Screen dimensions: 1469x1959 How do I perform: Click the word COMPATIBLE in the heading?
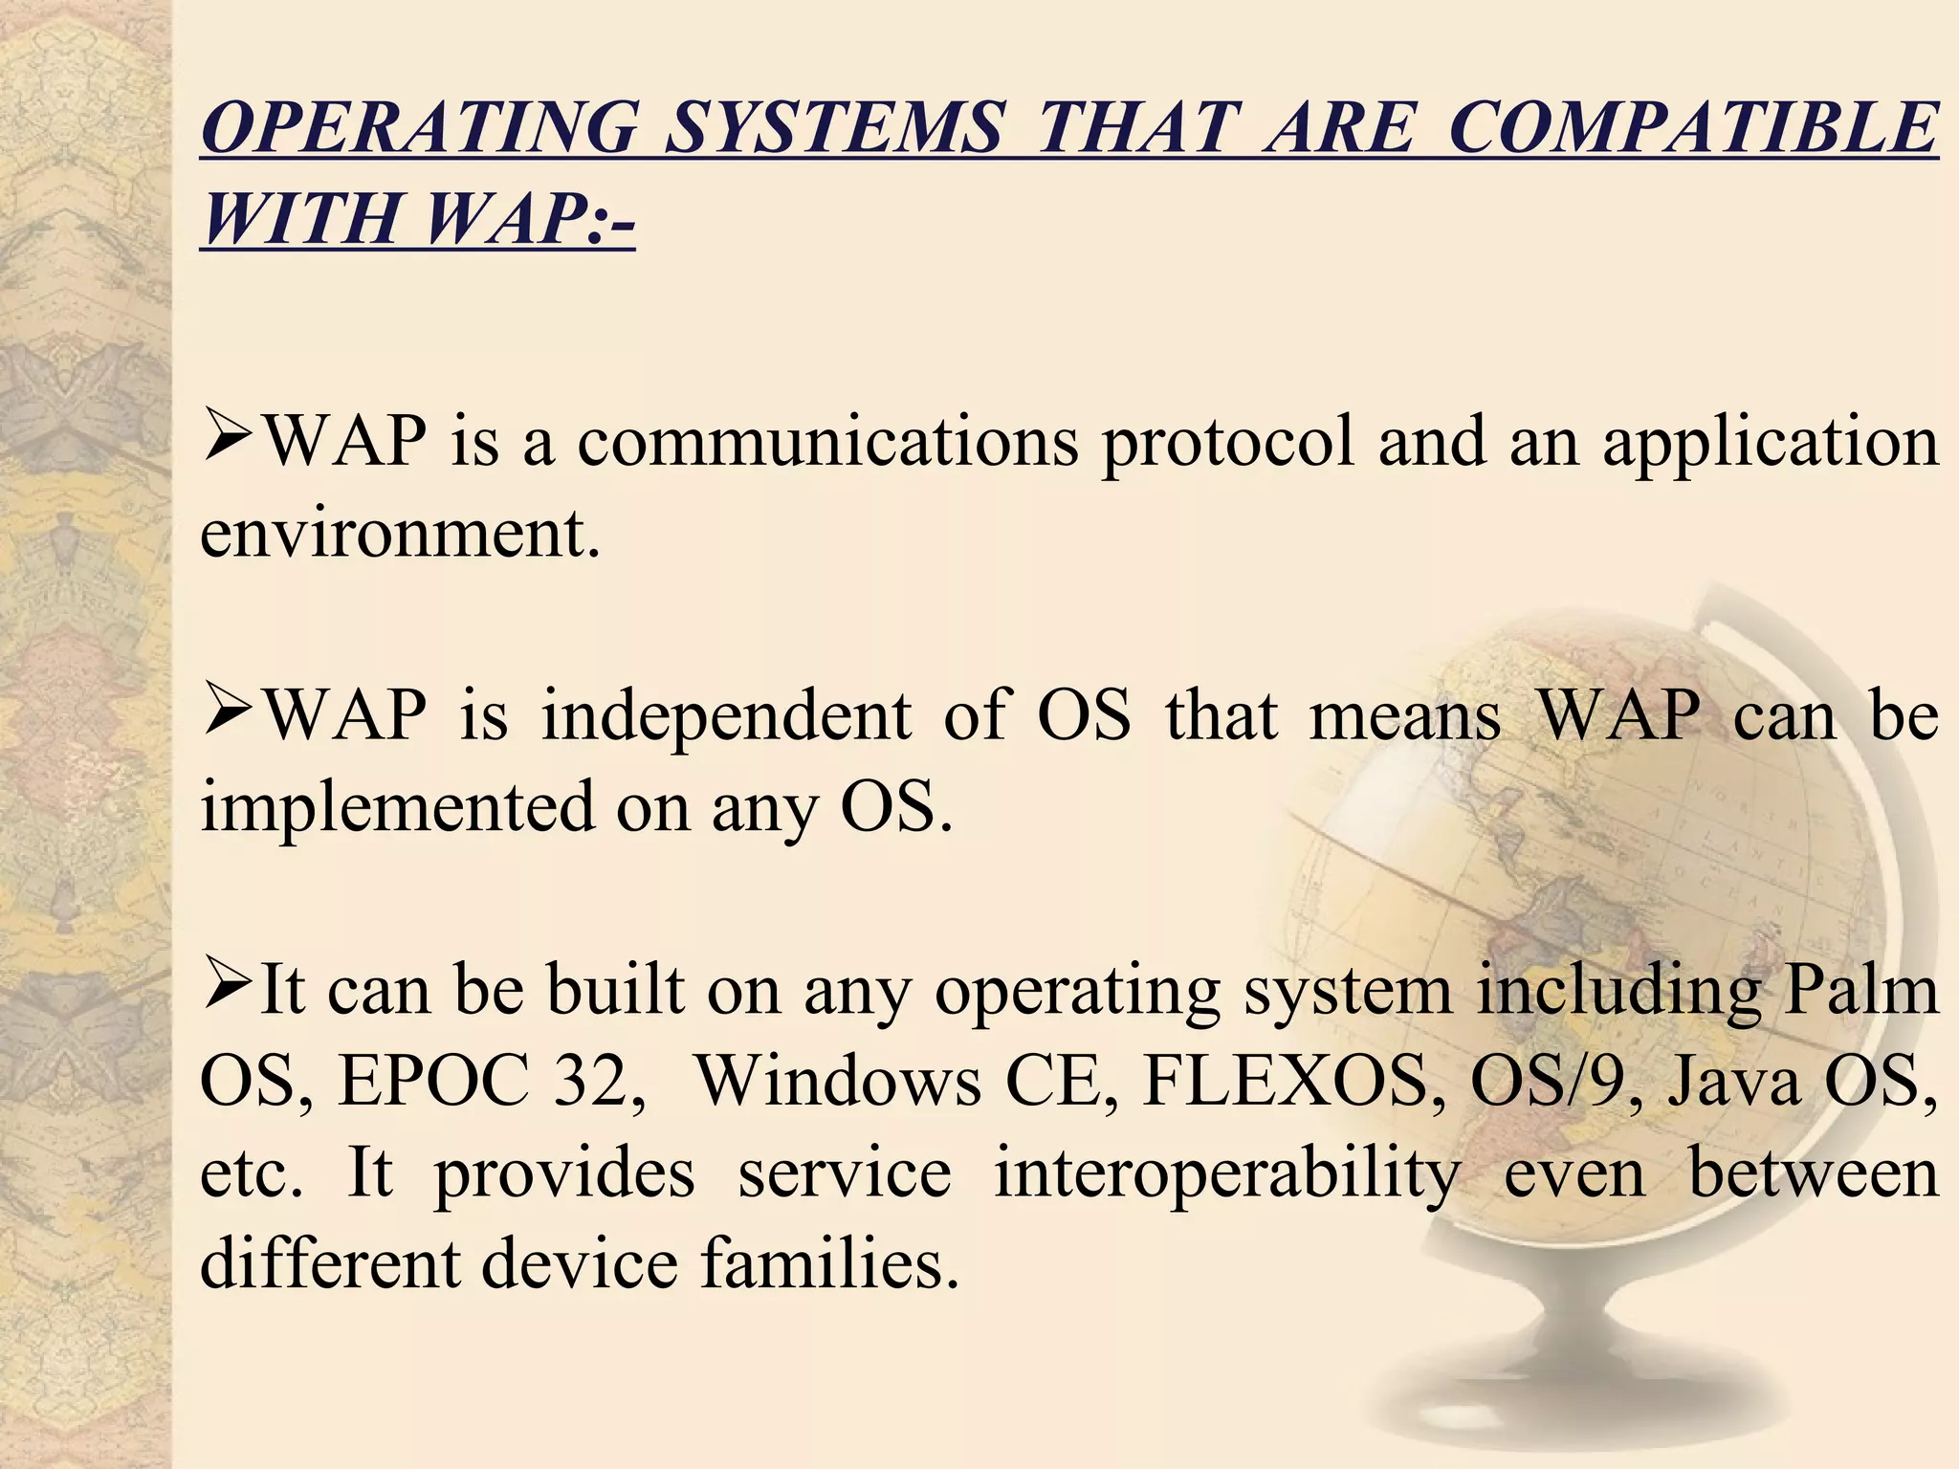(x=1693, y=128)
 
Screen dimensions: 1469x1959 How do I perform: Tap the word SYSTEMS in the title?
(x=834, y=128)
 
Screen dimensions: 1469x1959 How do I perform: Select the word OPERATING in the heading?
(x=420, y=128)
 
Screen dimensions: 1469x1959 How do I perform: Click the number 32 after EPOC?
(x=598, y=1081)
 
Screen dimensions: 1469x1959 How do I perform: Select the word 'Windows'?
(x=837, y=1081)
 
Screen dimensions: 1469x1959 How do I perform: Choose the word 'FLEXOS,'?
(x=1295, y=1081)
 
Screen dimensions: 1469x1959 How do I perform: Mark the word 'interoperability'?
(x=1227, y=1174)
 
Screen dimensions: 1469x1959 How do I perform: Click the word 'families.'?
(x=828, y=1263)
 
